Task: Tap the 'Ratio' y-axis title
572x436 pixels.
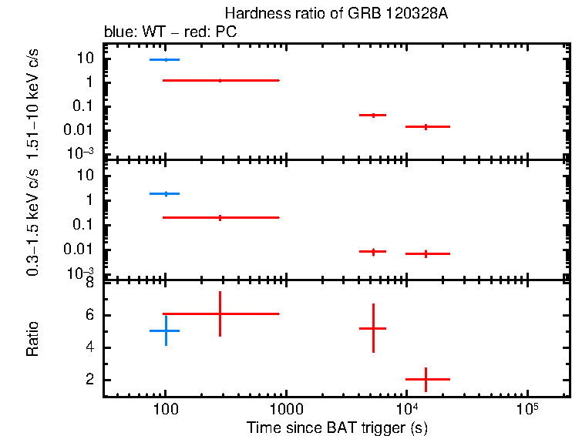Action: click(32, 339)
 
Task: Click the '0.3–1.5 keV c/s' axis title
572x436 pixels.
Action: click(32, 221)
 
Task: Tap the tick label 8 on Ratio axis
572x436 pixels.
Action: click(90, 283)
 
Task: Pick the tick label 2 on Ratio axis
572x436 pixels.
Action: click(90, 380)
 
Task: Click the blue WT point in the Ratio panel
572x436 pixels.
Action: click(165, 330)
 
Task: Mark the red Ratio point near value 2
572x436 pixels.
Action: click(427, 379)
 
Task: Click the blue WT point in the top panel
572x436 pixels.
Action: click(165, 59)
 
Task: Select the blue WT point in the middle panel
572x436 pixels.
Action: click(165, 193)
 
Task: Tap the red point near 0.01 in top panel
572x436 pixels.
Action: click(427, 126)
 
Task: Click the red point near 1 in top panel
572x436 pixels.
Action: click(220, 80)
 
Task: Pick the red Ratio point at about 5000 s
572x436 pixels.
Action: click(373, 328)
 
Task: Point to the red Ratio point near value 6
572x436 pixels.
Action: click(220, 314)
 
